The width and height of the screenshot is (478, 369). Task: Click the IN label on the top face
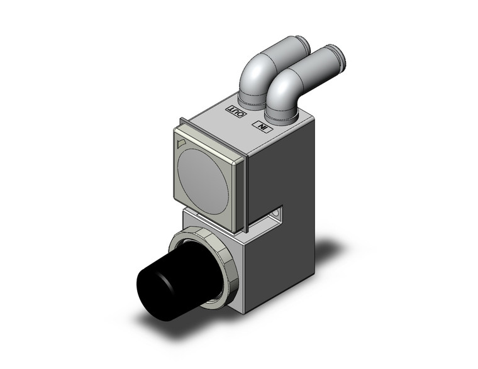tap(260, 126)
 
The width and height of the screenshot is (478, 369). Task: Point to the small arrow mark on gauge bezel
tap(182, 144)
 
